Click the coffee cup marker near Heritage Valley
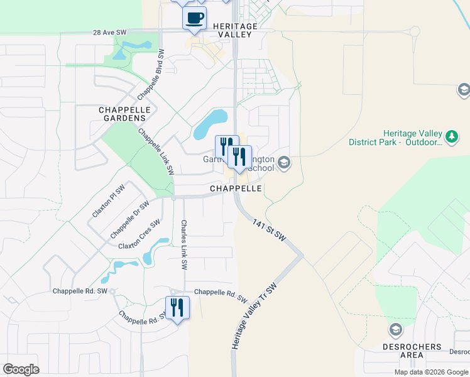194,18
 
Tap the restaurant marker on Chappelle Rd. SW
177,308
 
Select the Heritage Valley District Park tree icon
451,136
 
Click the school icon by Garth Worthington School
283,163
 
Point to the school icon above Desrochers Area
395,329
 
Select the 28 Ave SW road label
110,32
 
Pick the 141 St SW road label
270,231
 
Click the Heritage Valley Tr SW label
253,316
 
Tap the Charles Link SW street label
184,245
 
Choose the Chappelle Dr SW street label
130,219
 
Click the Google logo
21,369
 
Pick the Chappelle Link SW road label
156,151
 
